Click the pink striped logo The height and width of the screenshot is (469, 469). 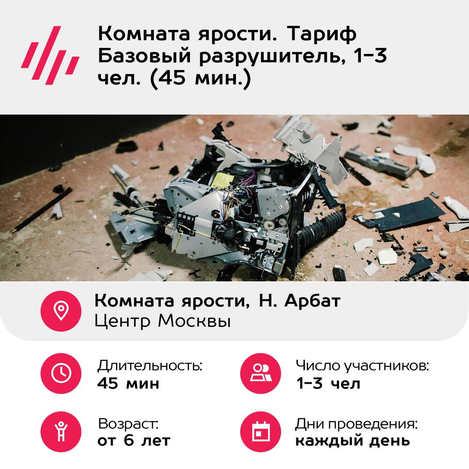[x=50, y=56]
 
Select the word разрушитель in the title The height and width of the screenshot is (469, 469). [x=271, y=56]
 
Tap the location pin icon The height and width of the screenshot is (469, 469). [x=61, y=311]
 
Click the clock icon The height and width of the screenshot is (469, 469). [x=61, y=373]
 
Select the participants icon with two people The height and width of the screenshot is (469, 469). [x=261, y=373]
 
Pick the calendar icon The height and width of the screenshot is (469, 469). [x=261, y=431]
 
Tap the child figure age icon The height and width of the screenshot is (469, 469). [x=61, y=431]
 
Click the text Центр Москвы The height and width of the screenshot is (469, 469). [x=163, y=321]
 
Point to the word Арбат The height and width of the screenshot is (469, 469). [x=312, y=301]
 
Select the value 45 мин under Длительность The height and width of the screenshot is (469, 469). [x=129, y=383]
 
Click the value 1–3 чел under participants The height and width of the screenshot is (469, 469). [x=328, y=383]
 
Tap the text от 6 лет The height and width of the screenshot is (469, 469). [x=134, y=440]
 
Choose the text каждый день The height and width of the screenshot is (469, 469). [x=353, y=441]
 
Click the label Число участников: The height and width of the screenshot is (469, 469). [x=363, y=365]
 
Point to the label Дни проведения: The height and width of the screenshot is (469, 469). [x=356, y=424]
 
